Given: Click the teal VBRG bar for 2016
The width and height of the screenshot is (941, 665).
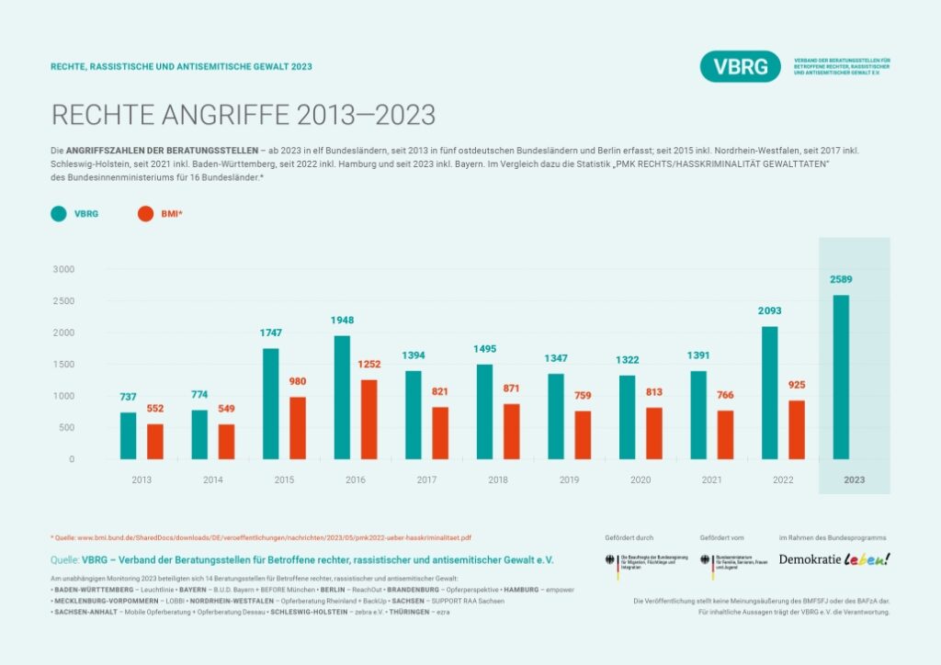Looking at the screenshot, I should (x=342, y=397).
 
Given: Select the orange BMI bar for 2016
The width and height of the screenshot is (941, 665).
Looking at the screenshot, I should (x=368, y=419).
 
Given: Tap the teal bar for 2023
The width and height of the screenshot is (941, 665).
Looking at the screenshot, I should (x=841, y=377).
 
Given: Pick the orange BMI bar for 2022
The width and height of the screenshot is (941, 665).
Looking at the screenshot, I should (x=796, y=429).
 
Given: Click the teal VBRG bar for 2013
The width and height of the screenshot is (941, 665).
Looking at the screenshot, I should (x=129, y=435).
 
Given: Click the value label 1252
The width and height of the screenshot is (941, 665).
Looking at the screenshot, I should (x=369, y=364).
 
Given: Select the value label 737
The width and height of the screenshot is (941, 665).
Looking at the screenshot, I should (x=129, y=397).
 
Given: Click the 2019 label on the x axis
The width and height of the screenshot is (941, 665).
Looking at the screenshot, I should (x=570, y=479).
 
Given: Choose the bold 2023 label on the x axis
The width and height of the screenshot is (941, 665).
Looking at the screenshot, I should (x=855, y=479).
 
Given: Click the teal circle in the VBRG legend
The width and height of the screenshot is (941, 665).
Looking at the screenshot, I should (x=58, y=213).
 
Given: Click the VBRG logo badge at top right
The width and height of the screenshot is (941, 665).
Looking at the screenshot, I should (x=740, y=66).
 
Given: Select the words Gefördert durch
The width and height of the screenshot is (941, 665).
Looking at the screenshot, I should (x=628, y=536).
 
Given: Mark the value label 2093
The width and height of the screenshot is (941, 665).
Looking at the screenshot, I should (x=770, y=311).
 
